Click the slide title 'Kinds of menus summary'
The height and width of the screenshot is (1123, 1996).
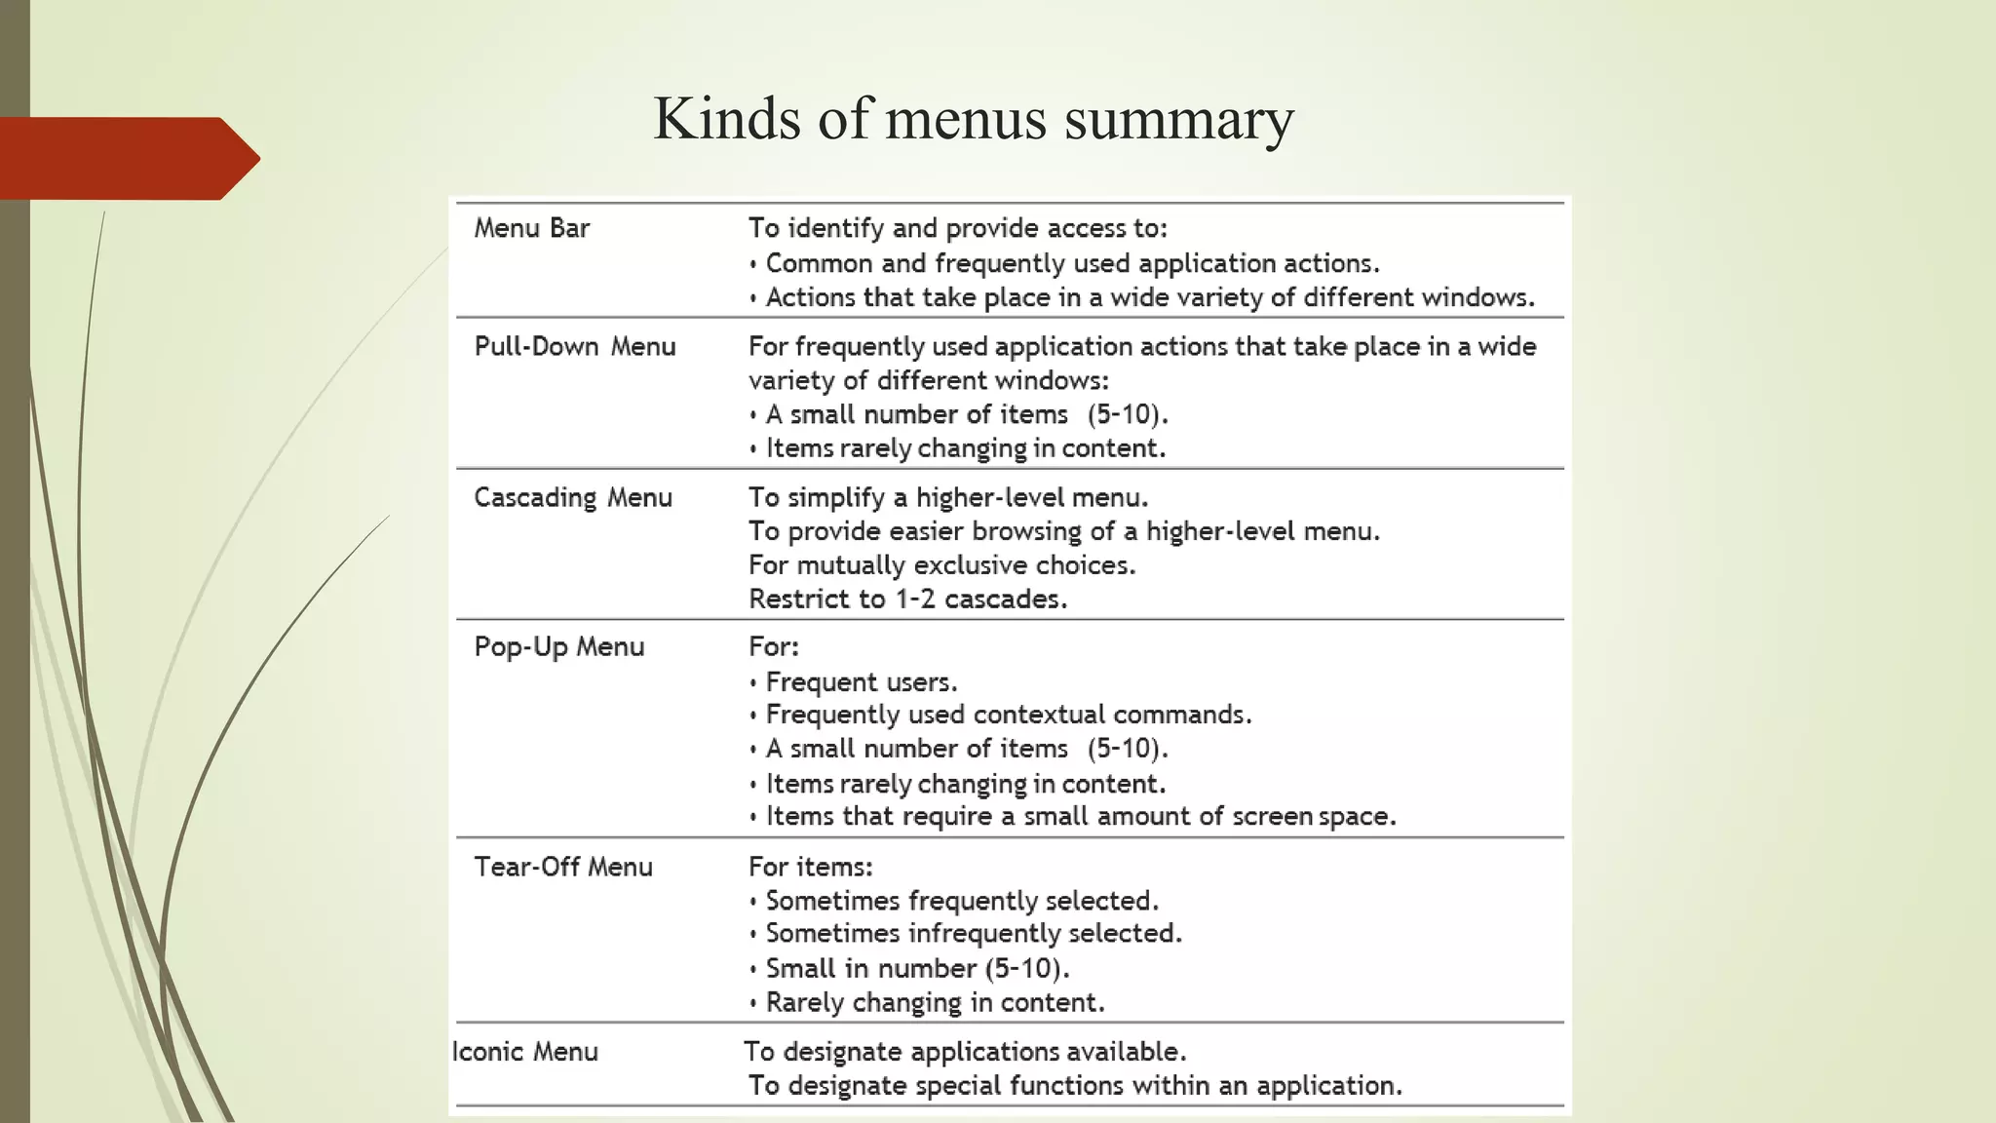point(973,119)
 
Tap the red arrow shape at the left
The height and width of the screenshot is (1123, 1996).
point(127,158)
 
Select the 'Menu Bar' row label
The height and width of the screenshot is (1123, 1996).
point(532,228)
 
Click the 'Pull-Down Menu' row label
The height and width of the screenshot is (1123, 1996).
point(575,347)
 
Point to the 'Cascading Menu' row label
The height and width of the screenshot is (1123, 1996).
point(573,498)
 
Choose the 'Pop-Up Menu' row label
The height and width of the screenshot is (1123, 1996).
point(559,647)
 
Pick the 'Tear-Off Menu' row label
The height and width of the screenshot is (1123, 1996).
point(563,868)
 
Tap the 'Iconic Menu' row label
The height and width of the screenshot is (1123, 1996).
point(525,1052)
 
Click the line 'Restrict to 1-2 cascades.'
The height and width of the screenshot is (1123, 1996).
point(907,600)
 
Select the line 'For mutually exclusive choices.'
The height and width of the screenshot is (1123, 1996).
point(941,565)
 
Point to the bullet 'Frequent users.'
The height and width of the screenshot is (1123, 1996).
point(862,682)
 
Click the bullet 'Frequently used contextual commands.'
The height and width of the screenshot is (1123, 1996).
point(1008,715)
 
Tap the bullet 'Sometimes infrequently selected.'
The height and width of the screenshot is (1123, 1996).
point(973,934)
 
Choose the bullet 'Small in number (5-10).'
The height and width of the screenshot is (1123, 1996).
point(917,969)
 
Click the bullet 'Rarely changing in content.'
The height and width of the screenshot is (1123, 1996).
point(935,1003)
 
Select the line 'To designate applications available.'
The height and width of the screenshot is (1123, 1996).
point(965,1052)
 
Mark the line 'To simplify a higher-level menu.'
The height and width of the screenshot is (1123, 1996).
point(948,498)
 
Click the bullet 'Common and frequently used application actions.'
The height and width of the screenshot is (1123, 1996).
point(1072,263)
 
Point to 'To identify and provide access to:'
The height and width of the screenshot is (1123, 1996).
point(957,228)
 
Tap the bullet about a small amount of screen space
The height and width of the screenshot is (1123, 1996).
point(1080,817)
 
